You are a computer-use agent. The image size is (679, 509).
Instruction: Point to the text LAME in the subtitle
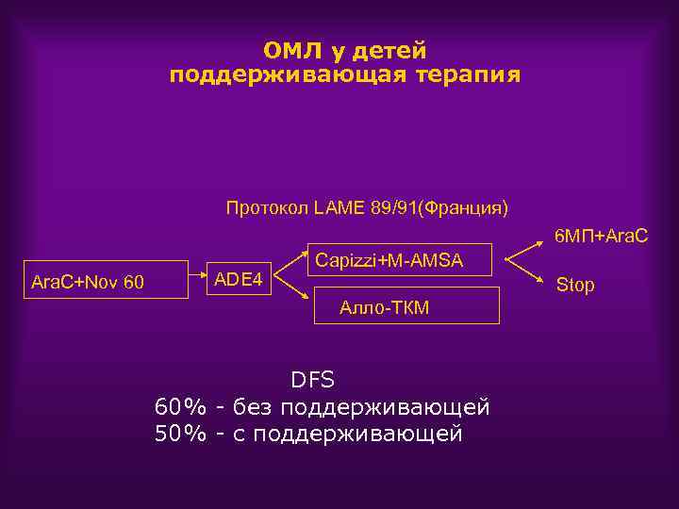click(x=335, y=206)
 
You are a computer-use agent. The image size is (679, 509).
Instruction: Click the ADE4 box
click(x=240, y=277)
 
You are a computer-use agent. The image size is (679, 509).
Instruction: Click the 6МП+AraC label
click(x=601, y=233)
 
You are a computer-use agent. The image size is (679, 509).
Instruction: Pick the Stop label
click(x=575, y=285)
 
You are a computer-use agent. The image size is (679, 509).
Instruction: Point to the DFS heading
click(x=312, y=381)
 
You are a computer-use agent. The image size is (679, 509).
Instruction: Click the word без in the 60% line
click(x=256, y=407)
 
